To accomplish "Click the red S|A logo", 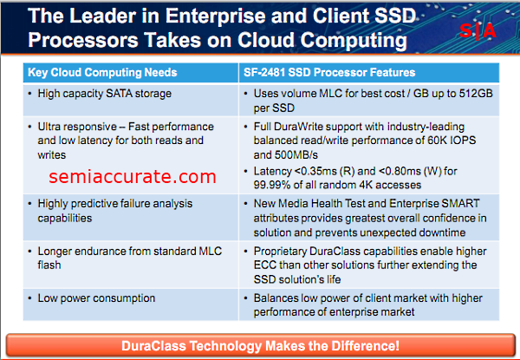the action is click(x=478, y=31).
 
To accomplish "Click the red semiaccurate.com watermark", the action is click(x=133, y=176).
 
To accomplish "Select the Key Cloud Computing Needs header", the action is click(x=102, y=72).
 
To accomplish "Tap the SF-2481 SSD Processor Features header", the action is click(x=329, y=72).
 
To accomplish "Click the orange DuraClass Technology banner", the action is click(x=260, y=345).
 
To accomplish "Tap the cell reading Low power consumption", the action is click(x=96, y=298).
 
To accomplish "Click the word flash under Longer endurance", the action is click(x=49, y=265).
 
